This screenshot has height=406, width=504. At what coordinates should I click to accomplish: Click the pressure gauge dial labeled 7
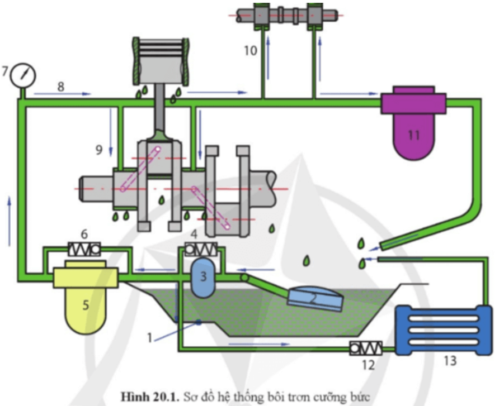click(x=23, y=74)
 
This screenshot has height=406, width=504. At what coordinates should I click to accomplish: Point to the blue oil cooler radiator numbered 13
click(x=443, y=330)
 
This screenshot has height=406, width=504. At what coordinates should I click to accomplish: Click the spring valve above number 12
click(x=365, y=348)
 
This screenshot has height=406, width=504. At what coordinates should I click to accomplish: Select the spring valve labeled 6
click(x=83, y=248)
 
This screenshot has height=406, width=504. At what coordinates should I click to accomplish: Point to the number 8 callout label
click(x=61, y=85)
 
